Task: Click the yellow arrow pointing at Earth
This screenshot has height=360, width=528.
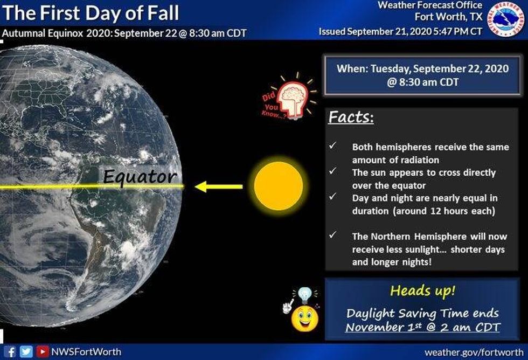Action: point(218,187)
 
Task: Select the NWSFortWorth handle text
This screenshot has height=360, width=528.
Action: point(86,352)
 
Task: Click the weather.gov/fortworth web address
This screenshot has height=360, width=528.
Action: point(474,352)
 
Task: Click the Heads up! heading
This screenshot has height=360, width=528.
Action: point(422,291)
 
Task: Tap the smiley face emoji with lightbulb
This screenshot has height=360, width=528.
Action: point(303,315)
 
